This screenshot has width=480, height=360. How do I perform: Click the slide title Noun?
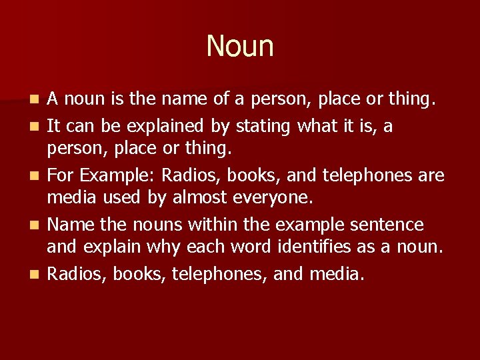click(240, 46)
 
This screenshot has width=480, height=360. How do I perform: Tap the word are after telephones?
click(431, 176)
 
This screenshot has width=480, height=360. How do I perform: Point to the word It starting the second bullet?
click(53, 126)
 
